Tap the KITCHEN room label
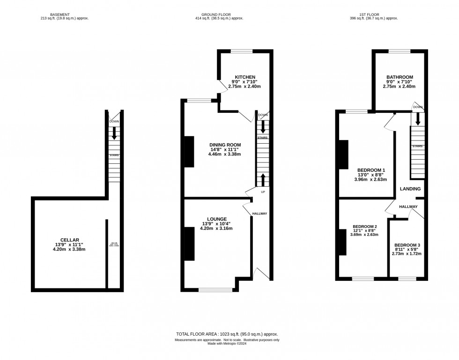[245, 77]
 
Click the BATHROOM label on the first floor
[400, 77]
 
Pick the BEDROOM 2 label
[364, 227]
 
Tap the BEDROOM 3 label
[407, 245]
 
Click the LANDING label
[410, 189]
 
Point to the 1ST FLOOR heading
[373, 15]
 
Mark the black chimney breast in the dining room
[189, 151]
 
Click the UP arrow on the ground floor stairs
[263, 180]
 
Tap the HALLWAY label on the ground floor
[259, 213]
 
